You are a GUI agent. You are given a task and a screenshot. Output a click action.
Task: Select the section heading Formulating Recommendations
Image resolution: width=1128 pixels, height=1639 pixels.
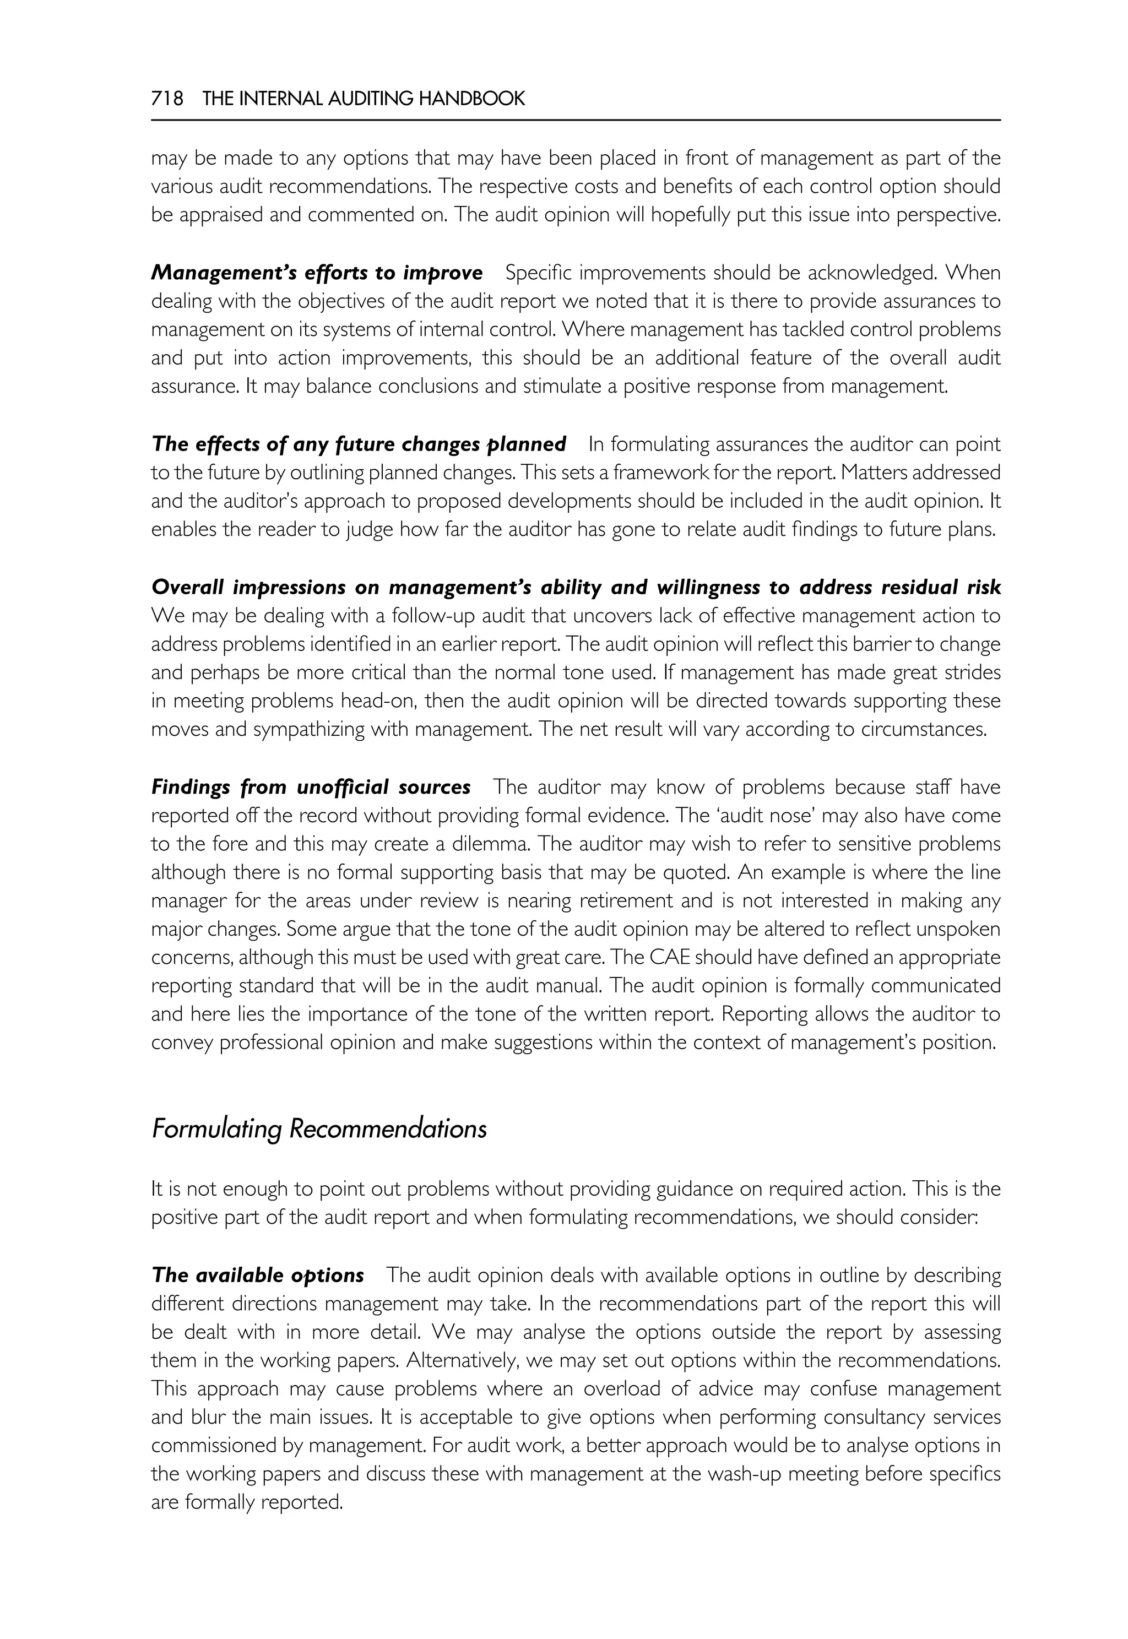point(319,1128)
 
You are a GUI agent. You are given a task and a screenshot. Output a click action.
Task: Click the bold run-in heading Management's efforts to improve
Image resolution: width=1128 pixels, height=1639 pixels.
point(317,272)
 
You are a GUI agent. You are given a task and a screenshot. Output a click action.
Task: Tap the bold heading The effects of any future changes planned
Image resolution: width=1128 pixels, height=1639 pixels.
point(359,444)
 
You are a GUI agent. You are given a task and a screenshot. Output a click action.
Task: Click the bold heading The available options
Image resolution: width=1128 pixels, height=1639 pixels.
point(258,1275)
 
